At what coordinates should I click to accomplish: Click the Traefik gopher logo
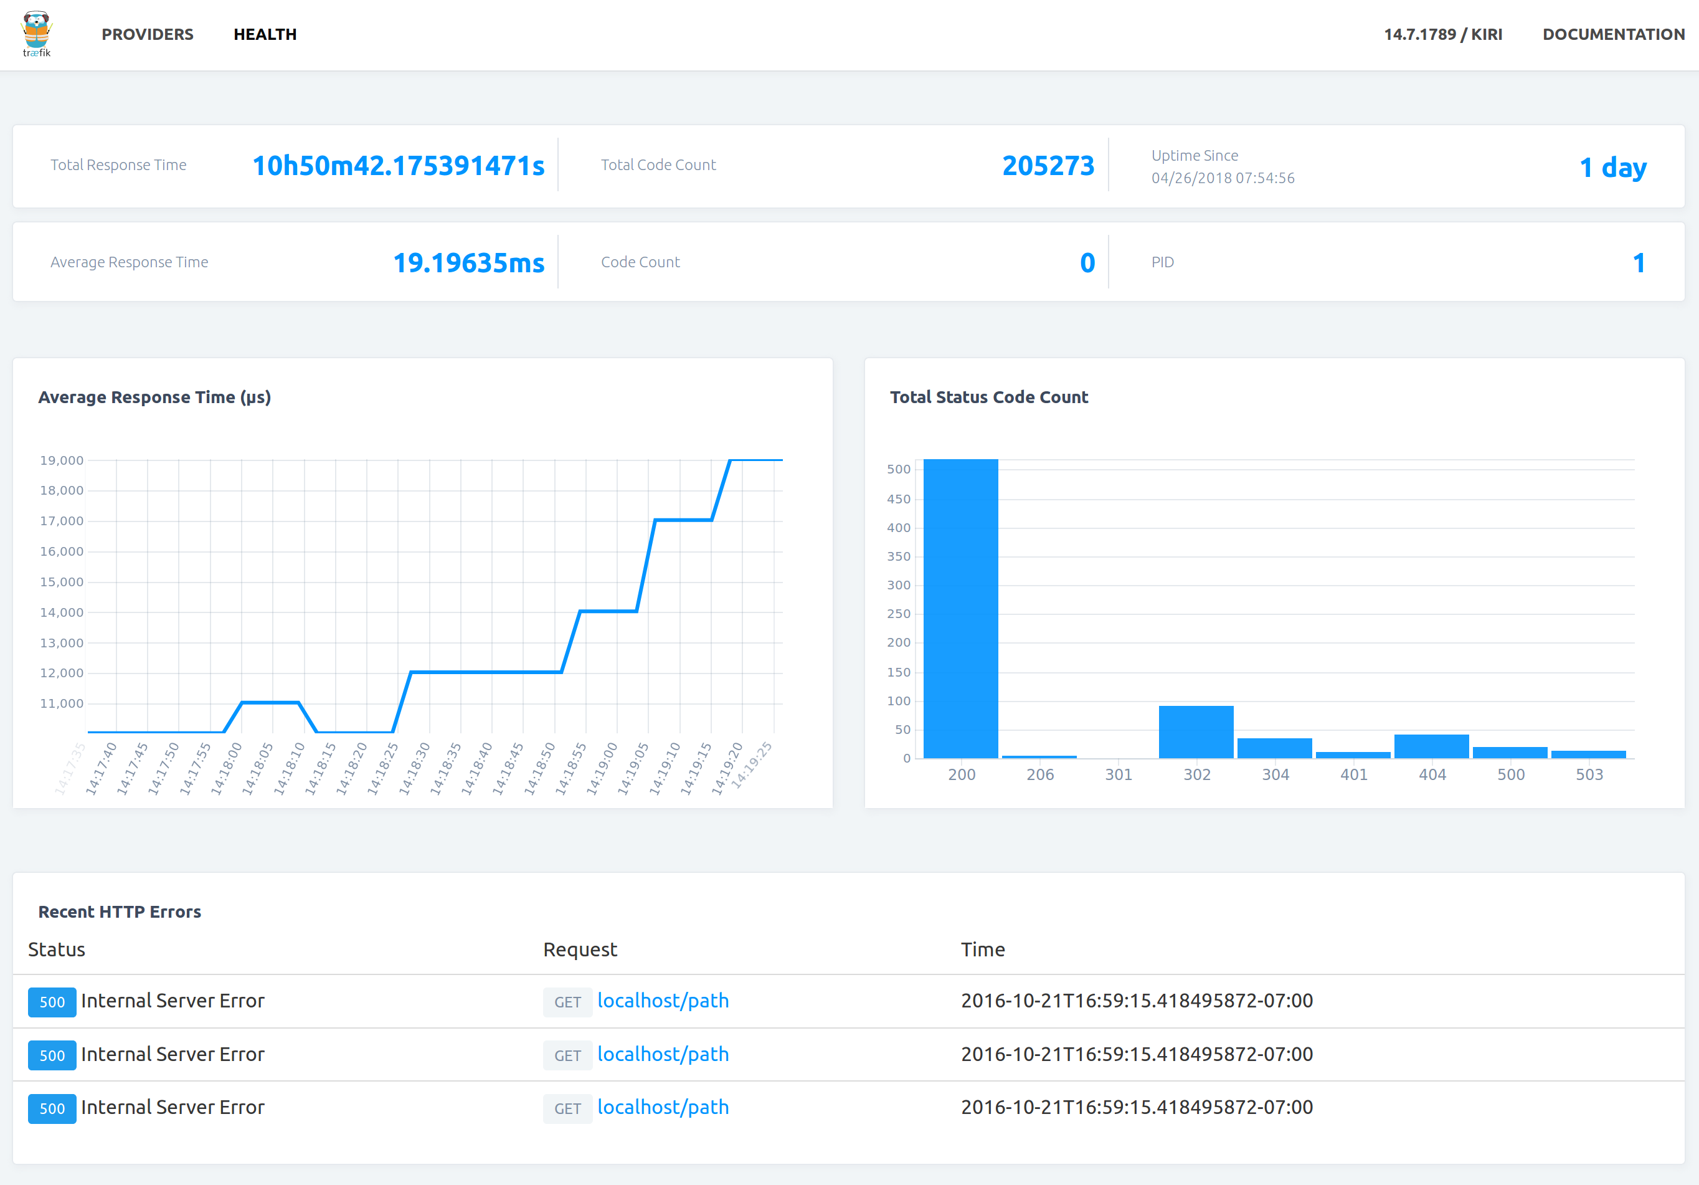(36, 34)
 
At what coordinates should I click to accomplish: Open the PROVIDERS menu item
(147, 34)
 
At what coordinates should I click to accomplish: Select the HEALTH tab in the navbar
(265, 34)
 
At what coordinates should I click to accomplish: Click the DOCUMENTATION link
(1613, 34)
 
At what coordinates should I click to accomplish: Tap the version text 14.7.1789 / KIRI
(1442, 34)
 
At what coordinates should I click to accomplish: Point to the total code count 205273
(1047, 166)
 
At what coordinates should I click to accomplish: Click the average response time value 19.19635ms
(468, 263)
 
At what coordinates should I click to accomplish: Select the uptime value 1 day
(1612, 167)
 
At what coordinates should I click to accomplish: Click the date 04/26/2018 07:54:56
(1223, 178)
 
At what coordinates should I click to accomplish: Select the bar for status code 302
(1196, 731)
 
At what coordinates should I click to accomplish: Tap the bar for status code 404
(1431, 746)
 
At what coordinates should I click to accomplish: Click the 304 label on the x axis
(1275, 774)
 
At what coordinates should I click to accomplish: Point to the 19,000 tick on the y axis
(62, 460)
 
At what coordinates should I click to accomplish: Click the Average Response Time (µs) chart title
(154, 397)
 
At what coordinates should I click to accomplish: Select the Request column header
(579, 949)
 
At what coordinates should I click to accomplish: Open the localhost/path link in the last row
(662, 1107)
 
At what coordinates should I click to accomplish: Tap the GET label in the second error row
(567, 1055)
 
